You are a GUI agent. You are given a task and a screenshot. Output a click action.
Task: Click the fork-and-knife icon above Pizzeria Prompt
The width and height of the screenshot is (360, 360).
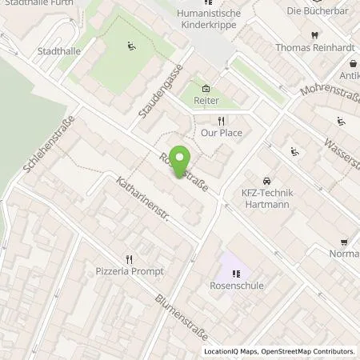pyautogui.click(x=129, y=258)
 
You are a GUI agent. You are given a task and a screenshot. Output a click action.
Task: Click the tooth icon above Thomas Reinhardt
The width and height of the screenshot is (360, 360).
pyautogui.click(x=314, y=34)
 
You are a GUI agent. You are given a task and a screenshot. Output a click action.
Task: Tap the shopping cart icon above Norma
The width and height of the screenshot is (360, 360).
pyautogui.click(x=344, y=242)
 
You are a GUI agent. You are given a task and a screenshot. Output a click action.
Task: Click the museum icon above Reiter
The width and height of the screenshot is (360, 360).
pyautogui.click(x=207, y=89)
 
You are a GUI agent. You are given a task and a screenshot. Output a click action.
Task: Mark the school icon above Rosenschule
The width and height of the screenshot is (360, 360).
pyautogui.click(x=234, y=273)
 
